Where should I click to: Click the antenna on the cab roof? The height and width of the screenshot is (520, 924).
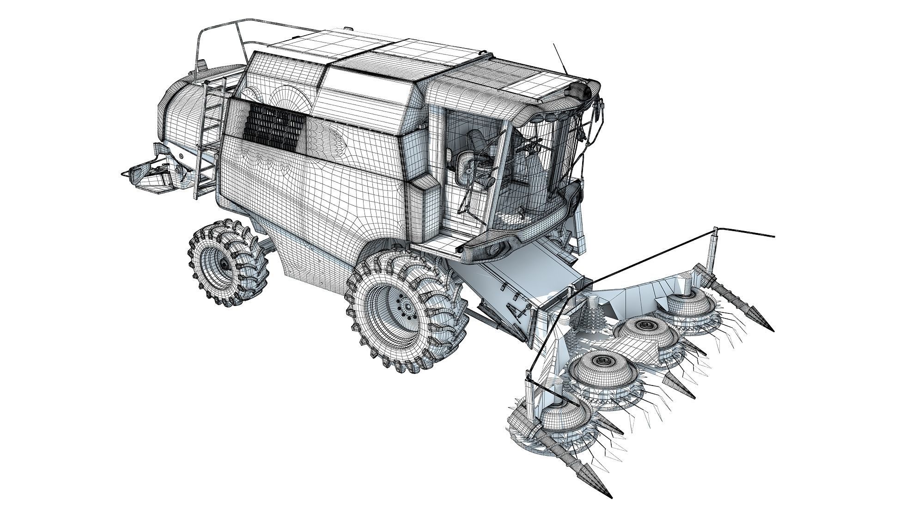[x=560, y=58]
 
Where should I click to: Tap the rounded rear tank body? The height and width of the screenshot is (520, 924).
[x=178, y=111]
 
